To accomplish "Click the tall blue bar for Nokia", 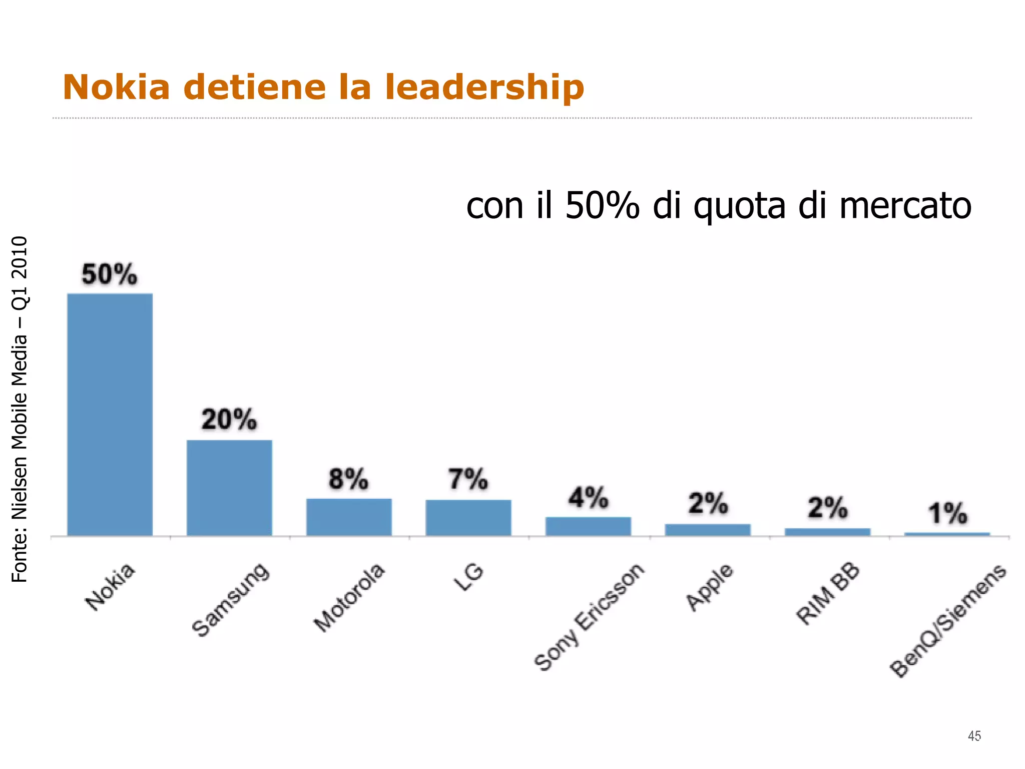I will point(110,415).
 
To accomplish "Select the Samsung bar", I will point(229,488).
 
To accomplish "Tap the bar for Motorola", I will point(349,517).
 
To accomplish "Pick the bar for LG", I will point(468,518).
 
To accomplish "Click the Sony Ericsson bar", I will point(588,526).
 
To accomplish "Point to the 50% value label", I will point(109,274).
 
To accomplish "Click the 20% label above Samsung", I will point(229,420).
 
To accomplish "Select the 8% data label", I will point(348,479).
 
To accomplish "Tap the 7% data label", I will point(468,479).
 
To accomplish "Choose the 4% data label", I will point(588,498).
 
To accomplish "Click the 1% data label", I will point(947,514).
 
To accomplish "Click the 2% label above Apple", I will point(708,503).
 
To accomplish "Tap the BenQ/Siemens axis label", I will point(947,621).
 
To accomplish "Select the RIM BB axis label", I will point(828,594).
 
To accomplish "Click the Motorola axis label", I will point(349,597).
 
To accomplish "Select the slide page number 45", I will point(974,736).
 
